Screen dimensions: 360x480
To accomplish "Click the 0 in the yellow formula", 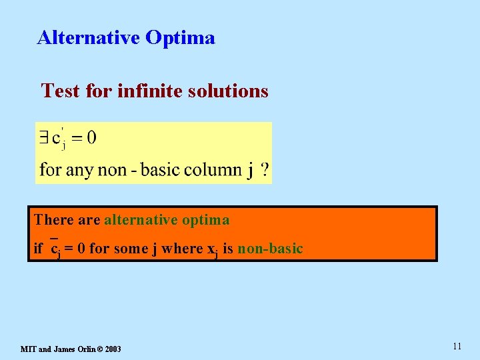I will (x=91, y=138).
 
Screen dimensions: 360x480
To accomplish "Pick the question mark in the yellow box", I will (x=265, y=170).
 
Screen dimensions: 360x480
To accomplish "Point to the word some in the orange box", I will (x=132, y=249).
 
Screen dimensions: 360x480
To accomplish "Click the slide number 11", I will (x=457, y=346).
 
